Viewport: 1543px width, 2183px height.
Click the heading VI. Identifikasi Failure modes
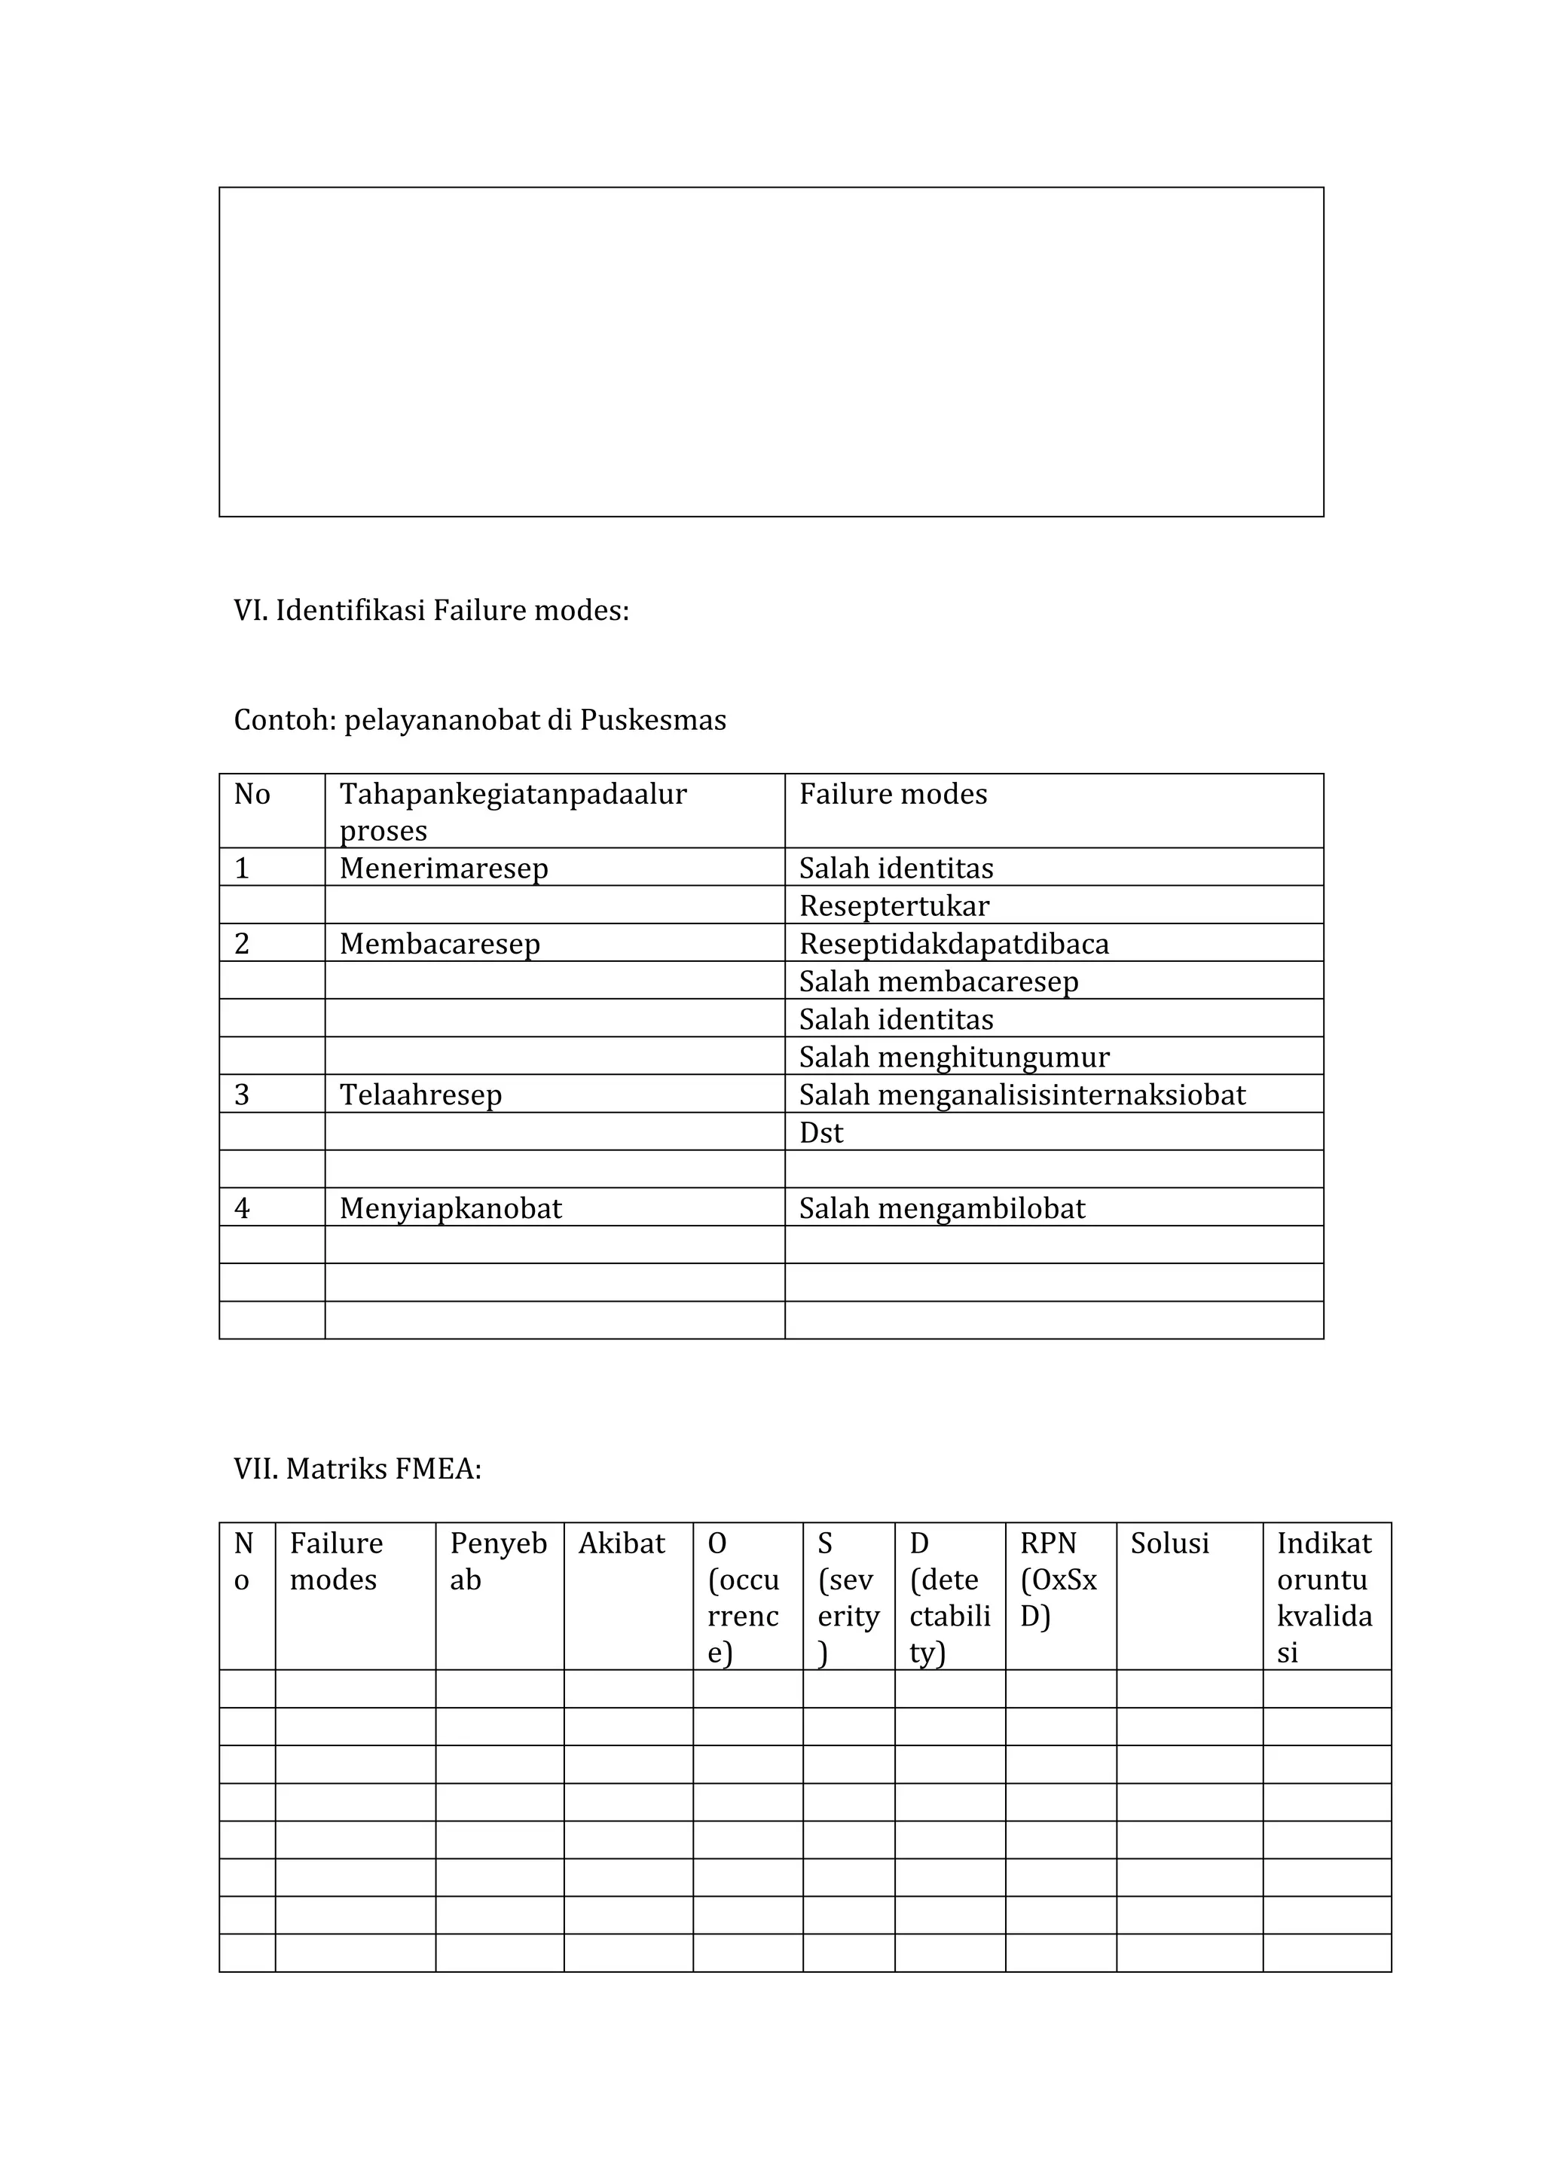coord(431,610)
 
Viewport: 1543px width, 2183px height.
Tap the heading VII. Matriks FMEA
coord(357,1469)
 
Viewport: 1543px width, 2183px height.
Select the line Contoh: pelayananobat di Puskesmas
coord(479,721)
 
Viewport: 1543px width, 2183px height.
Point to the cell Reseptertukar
coord(894,906)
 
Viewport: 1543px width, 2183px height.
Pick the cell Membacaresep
coord(439,944)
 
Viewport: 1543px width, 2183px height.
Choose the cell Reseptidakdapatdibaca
coord(954,944)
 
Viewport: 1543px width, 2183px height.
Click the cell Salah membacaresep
coord(938,982)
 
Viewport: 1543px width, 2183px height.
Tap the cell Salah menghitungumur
coord(954,1058)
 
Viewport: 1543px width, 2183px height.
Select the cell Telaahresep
coord(420,1095)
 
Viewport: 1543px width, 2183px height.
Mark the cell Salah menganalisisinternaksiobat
coord(1022,1095)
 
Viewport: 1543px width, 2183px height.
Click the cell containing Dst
coord(821,1134)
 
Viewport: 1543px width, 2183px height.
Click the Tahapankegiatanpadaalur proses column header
coord(513,811)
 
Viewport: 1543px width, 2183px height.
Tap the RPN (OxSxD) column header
coord(1059,1580)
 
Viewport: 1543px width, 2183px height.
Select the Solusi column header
coord(1169,1544)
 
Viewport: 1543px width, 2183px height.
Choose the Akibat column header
coord(622,1544)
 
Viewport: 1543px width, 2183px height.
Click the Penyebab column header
coord(498,1562)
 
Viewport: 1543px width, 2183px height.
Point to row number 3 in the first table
coord(242,1095)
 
